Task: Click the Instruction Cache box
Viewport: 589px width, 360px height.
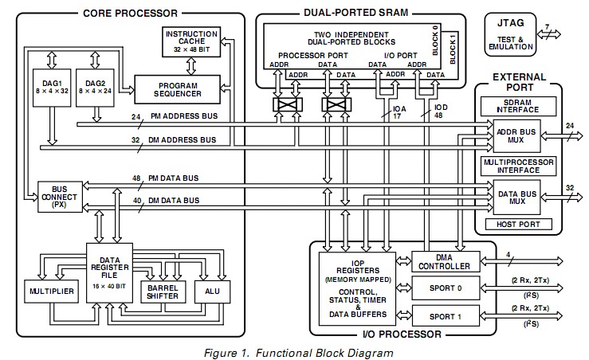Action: pyautogui.click(x=191, y=41)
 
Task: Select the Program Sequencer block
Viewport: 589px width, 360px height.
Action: pyautogui.click(x=177, y=90)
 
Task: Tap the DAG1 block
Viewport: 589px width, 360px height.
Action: pyautogui.click(x=52, y=88)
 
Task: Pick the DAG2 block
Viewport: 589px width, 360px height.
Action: pyautogui.click(x=95, y=88)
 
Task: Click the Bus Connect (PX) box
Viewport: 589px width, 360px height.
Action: pyautogui.click(x=60, y=197)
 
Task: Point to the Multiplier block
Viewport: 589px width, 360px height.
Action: pyautogui.click(x=52, y=292)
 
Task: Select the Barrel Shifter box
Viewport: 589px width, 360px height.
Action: pyautogui.click(x=163, y=292)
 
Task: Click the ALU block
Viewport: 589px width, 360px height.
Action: pyautogui.click(x=212, y=292)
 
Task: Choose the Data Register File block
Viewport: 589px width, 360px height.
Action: pyautogui.click(x=110, y=273)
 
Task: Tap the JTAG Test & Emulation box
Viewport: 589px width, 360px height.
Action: pyautogui.click(x=510, y=34)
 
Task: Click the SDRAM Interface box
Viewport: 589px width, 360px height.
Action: pyautogui.click(x=518, y=106)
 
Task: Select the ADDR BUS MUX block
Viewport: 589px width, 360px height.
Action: pyautogui.click(x=516, y=136)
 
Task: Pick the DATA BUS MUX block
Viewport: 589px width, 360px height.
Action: pyautogui.click(x=516, y=198)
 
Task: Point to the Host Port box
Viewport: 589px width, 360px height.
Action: pyautogui.click(x=519, y=225)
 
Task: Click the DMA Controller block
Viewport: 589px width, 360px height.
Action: pyautogui.click(x=446, y=262)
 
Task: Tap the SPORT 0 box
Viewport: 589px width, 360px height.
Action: pyautogui.click(x=446, y=288)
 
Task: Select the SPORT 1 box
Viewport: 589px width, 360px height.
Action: pyautogui.click(x=446, y=316)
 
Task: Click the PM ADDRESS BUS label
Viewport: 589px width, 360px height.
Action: pyautogui.click(x=184, y=116)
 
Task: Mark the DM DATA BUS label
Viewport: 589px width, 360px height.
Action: pyautogui.click(x=174, y=201)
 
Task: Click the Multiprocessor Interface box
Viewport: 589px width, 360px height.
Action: pyautogui.click(x=518, y=166)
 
